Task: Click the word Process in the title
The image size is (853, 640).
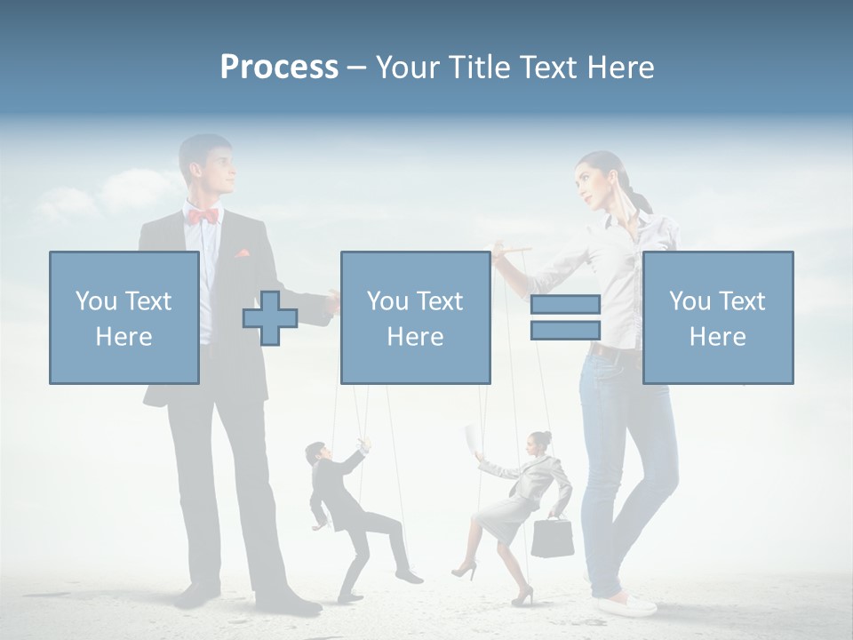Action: (x=279, y=68)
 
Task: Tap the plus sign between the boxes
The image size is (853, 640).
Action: (x=269, y=318)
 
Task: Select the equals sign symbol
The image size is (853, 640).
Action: (x=565, y=317)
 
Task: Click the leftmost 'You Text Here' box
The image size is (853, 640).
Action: (x=124, y=317)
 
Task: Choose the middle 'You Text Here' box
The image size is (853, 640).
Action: (x=415, y=317)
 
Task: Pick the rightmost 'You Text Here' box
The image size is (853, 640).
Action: (x=717, y=317)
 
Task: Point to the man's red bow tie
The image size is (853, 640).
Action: (x=203, y=215)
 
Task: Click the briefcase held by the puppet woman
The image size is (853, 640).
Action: (x=552, y=537)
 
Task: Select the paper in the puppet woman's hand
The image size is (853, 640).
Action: (x=471, y=438)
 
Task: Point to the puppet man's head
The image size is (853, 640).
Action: (x=315, y=453)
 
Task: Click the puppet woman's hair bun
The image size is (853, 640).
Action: (x=544, y=437)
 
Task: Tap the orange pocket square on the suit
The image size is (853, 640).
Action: (x=242, y=253)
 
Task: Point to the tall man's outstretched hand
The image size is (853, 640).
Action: (x=332, y=302)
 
